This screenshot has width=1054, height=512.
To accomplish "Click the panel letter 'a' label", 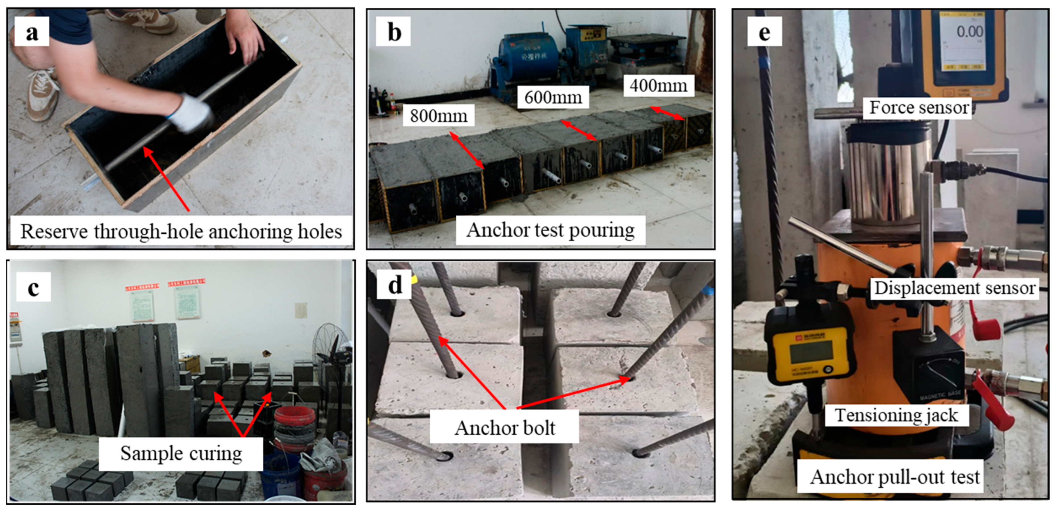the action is point(31,32).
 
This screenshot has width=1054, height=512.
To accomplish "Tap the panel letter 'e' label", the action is point(764,32).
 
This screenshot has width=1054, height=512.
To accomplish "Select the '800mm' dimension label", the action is point(438,116).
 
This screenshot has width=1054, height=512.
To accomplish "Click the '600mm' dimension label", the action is point(553,97).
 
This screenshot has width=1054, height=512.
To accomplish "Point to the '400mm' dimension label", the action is point(658,86).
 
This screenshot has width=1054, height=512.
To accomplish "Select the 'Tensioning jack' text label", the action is point(896,415).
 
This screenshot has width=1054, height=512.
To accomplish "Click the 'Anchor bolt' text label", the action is point(504,428).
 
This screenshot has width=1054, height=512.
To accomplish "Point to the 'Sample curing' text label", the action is point(181,454).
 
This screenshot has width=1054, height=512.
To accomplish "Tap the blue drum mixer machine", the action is point(528,66).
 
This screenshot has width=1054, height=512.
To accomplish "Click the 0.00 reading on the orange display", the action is point(970,32).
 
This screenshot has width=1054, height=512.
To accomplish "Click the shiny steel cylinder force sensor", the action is point(888,172).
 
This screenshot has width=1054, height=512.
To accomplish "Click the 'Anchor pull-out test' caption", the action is point(895,477).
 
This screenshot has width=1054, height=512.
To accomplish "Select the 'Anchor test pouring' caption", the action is point(550,230).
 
